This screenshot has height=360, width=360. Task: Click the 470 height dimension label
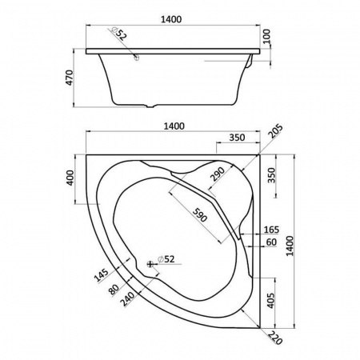pyautogui.click(x=69, y=78)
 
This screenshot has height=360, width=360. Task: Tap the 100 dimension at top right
pyautogui.click(x=266, y=37)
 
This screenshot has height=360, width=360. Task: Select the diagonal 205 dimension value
pyautogui.click(x=275, y=131)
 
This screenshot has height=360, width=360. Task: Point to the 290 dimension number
pyautogui.click(x=218, y=174)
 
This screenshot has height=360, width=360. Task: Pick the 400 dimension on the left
pyautogui.click(x=70, y=178)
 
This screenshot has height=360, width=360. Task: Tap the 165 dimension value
pyautogui.click(x=271, y=230)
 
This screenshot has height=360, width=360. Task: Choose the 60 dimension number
pyautogui.click(x=271, y=242)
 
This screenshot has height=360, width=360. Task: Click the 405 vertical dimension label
pyautogui.click(x=270, y=301)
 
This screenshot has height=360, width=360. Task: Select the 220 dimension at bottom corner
pyautogui.click(x=275, y=338)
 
